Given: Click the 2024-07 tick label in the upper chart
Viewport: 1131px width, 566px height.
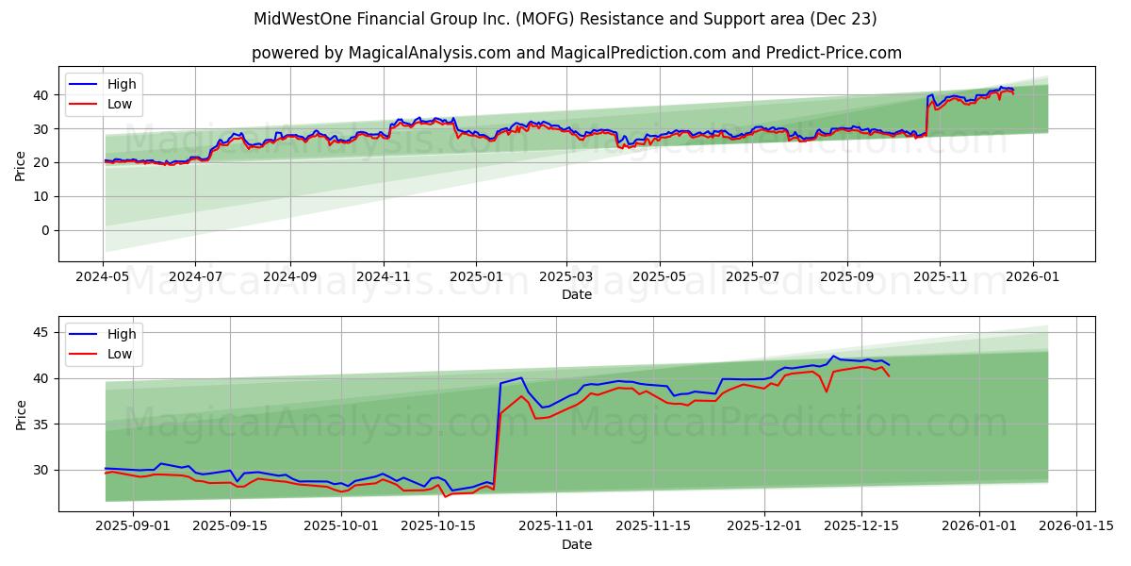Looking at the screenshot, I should click(195, 276).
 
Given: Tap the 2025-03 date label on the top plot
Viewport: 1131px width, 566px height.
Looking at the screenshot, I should click(566, 276).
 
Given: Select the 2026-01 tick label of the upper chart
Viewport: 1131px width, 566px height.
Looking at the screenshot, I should click(1033, 276).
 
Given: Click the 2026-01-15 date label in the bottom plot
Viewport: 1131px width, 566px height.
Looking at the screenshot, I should click(1074, 526).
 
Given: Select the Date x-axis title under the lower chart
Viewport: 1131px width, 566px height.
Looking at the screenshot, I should click(577, 544).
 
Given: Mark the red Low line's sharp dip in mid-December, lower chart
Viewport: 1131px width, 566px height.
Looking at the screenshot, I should click(826, 391).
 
